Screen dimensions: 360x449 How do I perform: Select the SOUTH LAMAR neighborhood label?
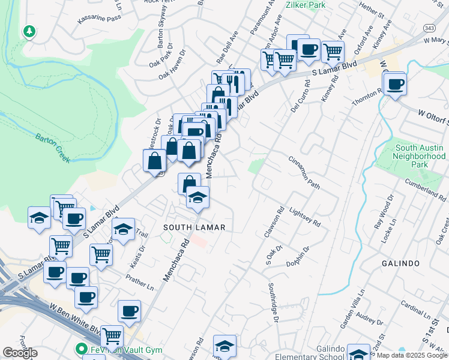click(x=194, y=227)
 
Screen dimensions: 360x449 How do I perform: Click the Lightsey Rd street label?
click(x=304, y=217)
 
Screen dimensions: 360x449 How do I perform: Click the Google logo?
click(x=20, y=353)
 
